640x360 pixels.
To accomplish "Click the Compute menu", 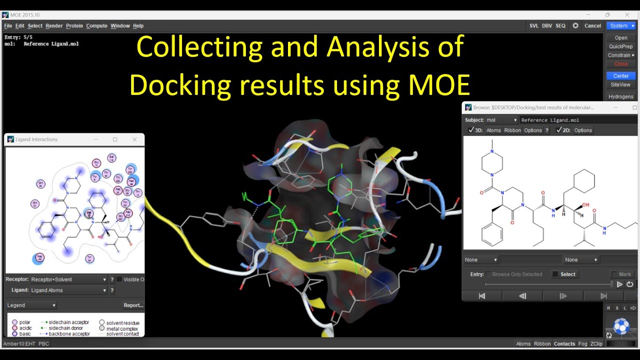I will click(x=96, y=26).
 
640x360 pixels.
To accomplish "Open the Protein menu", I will click(x=74, y=26).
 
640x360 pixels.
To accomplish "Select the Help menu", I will click(x=138, y=26).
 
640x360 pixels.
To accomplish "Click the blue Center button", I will click(x=621, y=76).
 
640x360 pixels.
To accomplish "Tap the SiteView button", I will click(x=621, y=85).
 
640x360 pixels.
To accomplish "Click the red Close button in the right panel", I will click(x=621, y=64).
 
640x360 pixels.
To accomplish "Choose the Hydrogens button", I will click(x=621, y=96).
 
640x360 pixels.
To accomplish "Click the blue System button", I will click(x=620, y=26).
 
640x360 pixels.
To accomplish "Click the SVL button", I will click(x=534, y=26).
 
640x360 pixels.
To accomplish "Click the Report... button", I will click(x=133, y=305).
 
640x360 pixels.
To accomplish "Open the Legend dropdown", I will click(x=31, y=305).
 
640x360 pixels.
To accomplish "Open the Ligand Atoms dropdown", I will click(x=69, y=290).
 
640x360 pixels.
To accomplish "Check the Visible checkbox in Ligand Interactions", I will click(x=119, y=279).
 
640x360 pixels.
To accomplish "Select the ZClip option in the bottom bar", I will click(x=596, y=344).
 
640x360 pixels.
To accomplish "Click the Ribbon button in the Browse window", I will click(x=512, y=130).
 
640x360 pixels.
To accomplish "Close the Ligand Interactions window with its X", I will click(x=134, y=139).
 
